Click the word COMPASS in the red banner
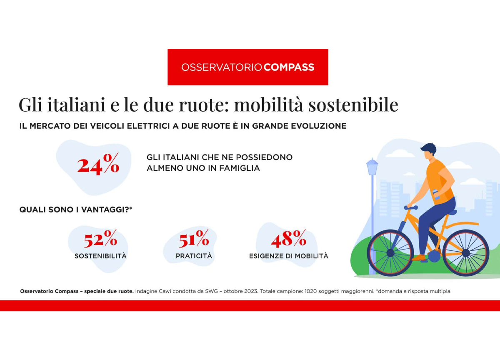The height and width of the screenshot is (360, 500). click(289, 67)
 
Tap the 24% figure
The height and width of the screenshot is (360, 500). click(98, 164)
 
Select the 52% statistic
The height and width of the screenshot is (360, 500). click(100, 239)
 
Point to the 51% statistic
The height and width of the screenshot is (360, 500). click(194, 239)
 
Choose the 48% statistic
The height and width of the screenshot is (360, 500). click(289, 239)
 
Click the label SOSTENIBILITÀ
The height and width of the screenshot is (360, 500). click(101, 256)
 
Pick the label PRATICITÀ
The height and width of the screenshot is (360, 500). click(194, 256)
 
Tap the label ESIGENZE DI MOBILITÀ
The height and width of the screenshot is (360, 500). click(289, 256)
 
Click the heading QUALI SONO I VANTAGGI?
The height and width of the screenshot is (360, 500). click(76, 210)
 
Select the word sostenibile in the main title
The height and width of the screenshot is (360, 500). click(353, 105)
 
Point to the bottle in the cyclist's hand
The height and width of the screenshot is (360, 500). click(436, 195)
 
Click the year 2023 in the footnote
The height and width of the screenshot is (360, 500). click(251, 291)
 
